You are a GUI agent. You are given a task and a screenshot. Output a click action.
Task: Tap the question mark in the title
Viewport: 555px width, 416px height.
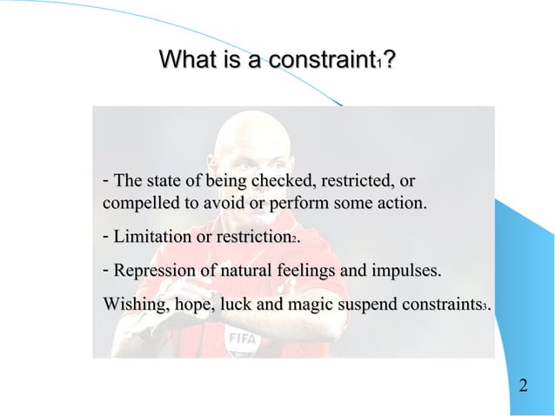pos(389,61)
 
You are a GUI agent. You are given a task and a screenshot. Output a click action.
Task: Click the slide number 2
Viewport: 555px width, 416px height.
pos(523,386)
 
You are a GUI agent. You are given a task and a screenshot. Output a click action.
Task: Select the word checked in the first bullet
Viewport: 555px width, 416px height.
pos(282,182)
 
